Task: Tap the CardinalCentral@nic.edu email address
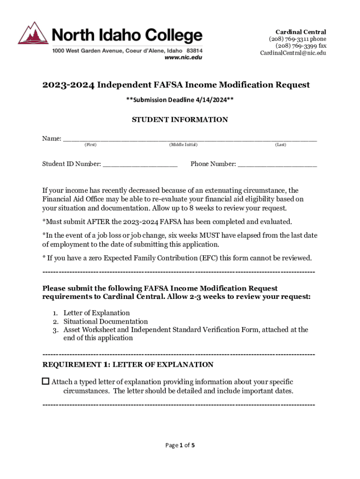(293, 53)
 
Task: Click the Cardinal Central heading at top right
(301, 32)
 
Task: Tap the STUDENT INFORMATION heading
(180, 120)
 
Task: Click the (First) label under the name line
(90, 145)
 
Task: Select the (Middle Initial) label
(183, 145)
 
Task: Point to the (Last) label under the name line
(281, 145)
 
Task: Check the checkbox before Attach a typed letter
(46, 381)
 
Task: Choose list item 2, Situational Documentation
(106, 321)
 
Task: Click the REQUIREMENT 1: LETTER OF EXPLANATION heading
(128, 364)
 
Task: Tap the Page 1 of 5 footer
(180, 445)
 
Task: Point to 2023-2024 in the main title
(68, 85)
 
